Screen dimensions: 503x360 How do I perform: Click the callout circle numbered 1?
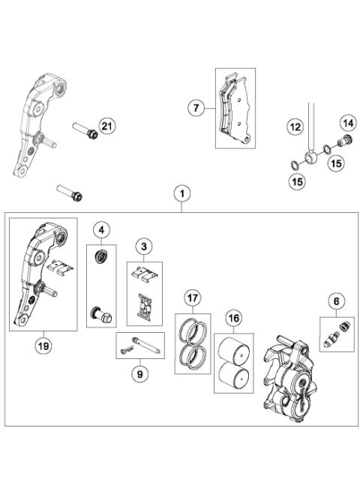[181, 193]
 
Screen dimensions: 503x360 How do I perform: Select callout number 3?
[143, 246]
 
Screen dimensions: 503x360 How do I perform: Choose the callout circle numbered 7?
[196, 109]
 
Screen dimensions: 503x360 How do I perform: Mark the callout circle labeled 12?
[295, 127]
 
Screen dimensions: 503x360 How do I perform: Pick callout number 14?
[348, 123]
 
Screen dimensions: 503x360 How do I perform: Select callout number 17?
[193, 298]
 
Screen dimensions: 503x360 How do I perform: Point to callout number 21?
[106, 125]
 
